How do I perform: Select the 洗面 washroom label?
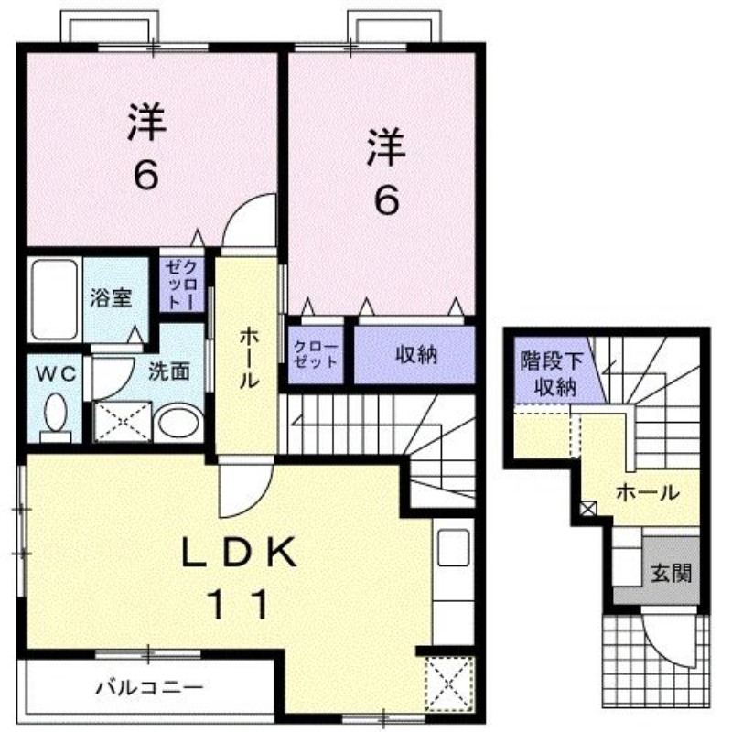click(x=168, y=371)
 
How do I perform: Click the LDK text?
click(x=239, y=554)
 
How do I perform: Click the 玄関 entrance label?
click(x=670, y=575)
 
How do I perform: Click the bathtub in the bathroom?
click(x=53, y=299)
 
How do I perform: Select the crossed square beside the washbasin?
click(x=123, y=422)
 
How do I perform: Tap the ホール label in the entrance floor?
click(x=647, y=492)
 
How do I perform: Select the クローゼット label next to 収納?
click(x=316, y=355)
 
